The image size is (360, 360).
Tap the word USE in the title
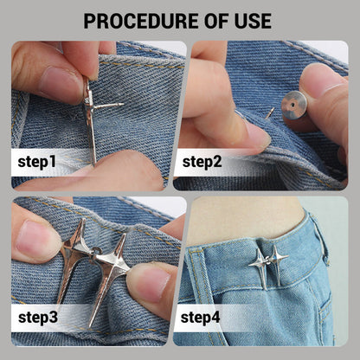[253, 21]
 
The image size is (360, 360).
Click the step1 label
[36, 162]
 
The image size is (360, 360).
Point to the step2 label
[202, 162]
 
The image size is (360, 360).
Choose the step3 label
[38, 318]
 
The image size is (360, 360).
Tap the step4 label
[200, 318]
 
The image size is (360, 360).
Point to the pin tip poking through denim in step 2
[270, 112]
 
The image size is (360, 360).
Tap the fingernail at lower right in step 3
[153, 284]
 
